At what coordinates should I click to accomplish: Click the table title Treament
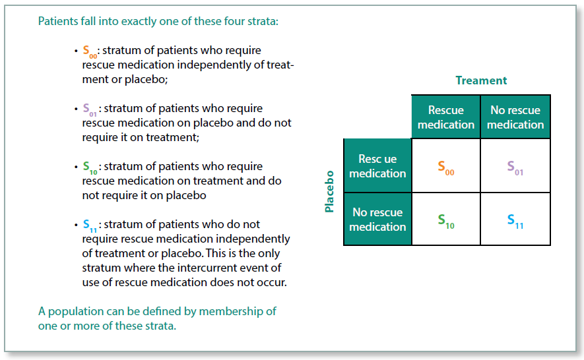pos(481,80)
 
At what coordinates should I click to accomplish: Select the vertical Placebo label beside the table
pos(329,192)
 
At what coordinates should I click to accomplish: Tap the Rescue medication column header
pos(446,117)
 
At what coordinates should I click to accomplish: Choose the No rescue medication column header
pos(515,117)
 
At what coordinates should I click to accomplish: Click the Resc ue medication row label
pos(377,166)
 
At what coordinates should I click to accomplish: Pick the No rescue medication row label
pos(377,220)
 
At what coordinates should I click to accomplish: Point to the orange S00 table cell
pos(446,167)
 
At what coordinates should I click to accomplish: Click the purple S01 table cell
pos(515,167)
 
